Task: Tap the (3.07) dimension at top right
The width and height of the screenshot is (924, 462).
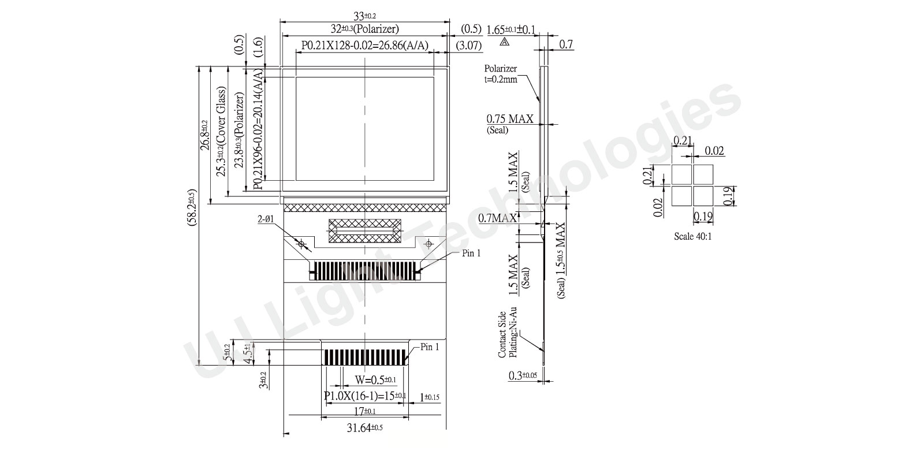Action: click(x=468, y=45)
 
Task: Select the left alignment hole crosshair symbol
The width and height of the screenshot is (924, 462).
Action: click(x=300, y=244)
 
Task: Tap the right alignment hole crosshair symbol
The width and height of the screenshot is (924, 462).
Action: click(x=429, y=244)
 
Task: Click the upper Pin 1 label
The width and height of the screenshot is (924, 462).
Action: click(x=471, y=253)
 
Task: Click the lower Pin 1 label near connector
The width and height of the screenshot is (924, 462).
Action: click(x=430, y=347)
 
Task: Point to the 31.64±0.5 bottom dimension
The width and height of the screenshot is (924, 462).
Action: click(x=364, y=427)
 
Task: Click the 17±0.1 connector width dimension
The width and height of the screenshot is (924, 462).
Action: click(x=364, y=411)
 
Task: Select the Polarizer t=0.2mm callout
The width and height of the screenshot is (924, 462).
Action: click(x=501, y=74)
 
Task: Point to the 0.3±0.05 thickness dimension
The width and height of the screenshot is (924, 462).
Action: click(x=523, y=376)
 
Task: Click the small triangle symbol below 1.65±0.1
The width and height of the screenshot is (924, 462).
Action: click(x=505, y=42)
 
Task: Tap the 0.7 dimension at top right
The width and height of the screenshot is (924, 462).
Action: click(x=567, y=44)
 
